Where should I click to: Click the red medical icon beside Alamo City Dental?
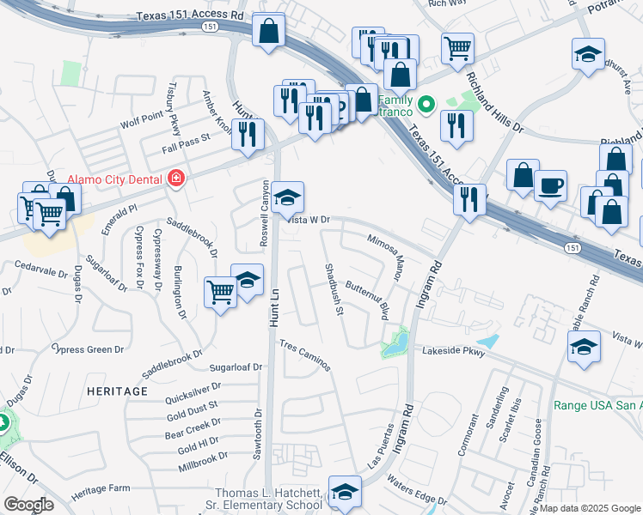click(x=176, y=178)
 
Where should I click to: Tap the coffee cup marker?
click(x=550, y=185)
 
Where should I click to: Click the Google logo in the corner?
click(x=28, y=505)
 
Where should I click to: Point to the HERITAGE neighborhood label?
click(x=117, y=391)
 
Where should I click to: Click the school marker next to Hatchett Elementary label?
click(x=345, y=492)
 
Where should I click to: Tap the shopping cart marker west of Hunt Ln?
click(x=221, y=293)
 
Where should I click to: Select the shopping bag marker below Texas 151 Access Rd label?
click(x=269, y=32)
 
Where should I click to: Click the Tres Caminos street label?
click(x=305, y=354)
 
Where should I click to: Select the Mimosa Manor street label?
click(x=386, y=258)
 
